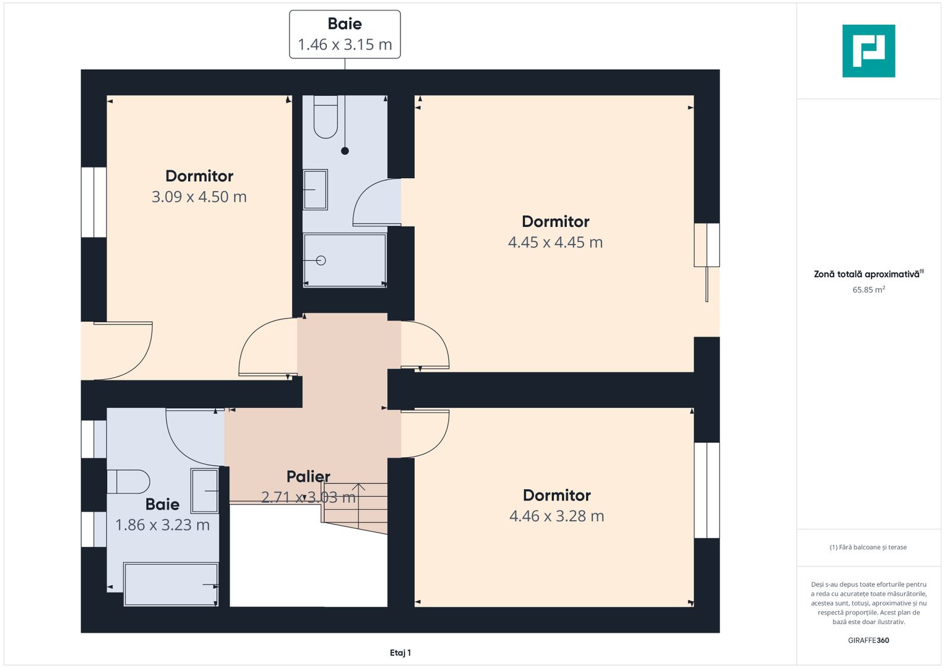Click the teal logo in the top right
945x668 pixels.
coord(868,51)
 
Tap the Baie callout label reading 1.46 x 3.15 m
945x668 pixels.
coord(345,34)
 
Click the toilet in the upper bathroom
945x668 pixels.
coord(326,117)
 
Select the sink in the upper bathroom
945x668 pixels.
coord(315,189)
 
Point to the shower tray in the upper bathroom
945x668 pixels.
coord(345,260)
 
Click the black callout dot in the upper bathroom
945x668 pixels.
coord(345,150)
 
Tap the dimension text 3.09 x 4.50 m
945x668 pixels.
coord(199,197)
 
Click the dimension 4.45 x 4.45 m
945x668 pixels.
coord(555,242)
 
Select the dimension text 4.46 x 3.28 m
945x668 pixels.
coord(556,516)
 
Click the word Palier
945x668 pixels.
coord(308,476)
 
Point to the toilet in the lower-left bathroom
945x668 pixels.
coord(128,481)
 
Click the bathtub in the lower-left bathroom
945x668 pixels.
coord(171,584)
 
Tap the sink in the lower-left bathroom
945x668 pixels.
coord(205,490)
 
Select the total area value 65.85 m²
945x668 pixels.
coord(868,289)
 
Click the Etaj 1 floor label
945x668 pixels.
coord(400,653)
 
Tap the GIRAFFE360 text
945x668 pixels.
coord(868,640)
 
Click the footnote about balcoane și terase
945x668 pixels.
coord(868,547)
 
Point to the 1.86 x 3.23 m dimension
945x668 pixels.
coord(162,525)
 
